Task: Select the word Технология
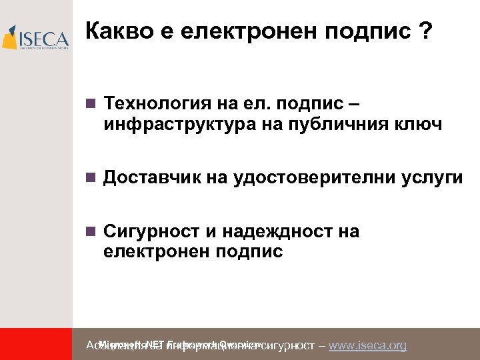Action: click(154, 105)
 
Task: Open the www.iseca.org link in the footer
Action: click(367, 345)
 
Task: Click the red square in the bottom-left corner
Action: click(36, 344)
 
